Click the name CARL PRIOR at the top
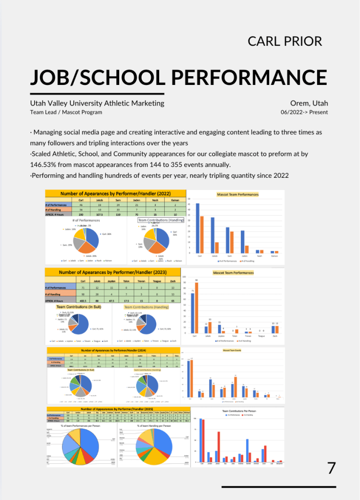(x=285, y=41)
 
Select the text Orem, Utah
(x=309, y=103)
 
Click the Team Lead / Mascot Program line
(x=66, y=112)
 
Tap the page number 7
(x=332, y=468)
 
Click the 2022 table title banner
(x=116, y=193)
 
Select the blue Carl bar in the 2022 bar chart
(x=197, y=228)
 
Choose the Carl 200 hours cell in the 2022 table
(x=81, y=214)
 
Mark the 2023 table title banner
(x=113, y=272)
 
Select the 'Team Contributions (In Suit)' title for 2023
(x=79, y=307)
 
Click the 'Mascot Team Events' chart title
(x=233, y=350)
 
